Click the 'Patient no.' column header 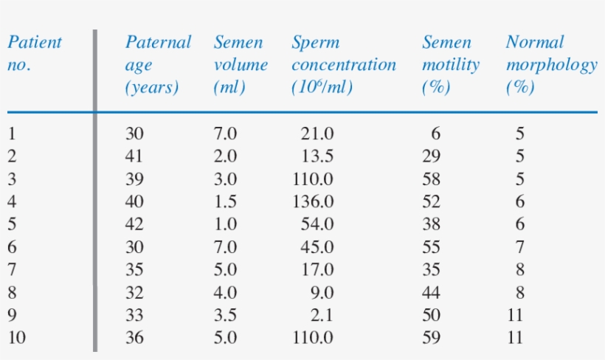(34, 53)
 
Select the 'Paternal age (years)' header (158, 65)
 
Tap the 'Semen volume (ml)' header (241, 65)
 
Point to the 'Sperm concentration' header (343, 65)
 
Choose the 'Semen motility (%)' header (450, 65)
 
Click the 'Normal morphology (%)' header (551, 65)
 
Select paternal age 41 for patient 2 (135, 156)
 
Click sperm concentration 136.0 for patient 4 (313, 201)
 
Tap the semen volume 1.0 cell (225, 224)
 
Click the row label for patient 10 (16, 338)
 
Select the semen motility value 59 (431, 338)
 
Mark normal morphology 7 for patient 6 (519, 247)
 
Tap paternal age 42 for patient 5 (135, 224)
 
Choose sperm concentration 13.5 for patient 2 (317, 156)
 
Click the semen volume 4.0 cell (225, 292)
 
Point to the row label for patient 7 (12, 270)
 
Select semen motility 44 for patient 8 (431, 292)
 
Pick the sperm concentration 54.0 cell (317, 224)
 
